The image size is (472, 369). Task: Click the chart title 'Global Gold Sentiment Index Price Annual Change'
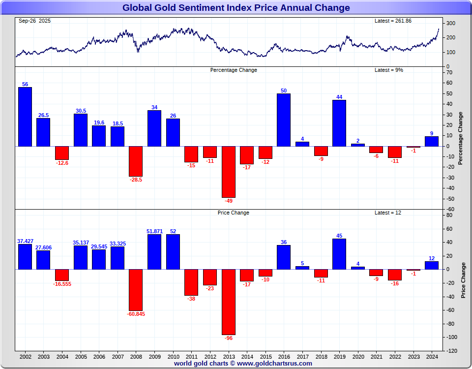pos(236,8)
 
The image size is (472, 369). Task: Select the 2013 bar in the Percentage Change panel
pos(228,172)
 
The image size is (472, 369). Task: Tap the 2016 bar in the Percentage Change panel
pos(284,120)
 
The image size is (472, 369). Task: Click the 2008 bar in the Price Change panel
pos(136,290)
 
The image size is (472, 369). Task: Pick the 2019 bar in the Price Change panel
pos(339,254)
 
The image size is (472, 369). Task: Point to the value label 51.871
pos(154,231)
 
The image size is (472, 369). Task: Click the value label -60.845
pos(136,314)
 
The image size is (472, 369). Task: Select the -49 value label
pos(228,201)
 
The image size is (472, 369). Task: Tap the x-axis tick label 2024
pos(432,356)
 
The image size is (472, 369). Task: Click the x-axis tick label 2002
pos(25,356)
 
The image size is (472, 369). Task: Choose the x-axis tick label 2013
pos(228,356)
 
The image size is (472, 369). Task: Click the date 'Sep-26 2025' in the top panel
pos(34,21)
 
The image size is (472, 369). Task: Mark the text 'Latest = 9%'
pos(389,70)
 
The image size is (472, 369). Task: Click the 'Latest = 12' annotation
pos(387,213)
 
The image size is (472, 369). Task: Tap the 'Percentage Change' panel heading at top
pos(234,70)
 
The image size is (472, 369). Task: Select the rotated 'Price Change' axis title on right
pos(463,280)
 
